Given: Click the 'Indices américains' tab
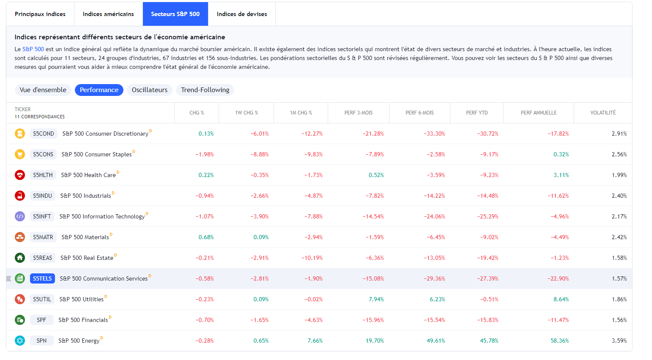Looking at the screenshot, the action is coord(108,14).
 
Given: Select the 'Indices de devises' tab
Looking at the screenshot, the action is coord(241,14).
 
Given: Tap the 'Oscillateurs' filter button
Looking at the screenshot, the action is coord(150,90).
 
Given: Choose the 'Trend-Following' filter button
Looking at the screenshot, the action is coord(205,90).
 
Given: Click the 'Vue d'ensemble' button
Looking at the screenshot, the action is coord(43,90).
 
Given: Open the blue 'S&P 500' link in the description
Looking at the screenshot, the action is coord(33,49).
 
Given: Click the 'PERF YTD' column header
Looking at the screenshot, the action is coord(477,113).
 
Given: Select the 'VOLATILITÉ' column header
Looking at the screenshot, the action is coord(603,112).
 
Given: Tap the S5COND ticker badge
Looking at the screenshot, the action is coord(44,134).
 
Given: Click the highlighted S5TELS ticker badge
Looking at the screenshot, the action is coord(42,278).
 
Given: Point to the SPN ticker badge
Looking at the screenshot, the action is coord(41,341).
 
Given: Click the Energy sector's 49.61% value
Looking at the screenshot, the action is coord(436,341).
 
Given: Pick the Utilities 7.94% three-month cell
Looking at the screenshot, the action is coord(376,299).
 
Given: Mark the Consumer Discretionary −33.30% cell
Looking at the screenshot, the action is coord(434,134).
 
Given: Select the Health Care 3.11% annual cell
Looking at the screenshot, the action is coord(561,175).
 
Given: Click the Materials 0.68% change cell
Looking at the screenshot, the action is coord(206,237).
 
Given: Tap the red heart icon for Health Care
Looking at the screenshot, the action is coord(20,175).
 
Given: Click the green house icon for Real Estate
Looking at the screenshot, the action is coord(20,258).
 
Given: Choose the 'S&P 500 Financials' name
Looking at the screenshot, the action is coord(83,320).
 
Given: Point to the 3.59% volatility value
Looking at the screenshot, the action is coord(619,341).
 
